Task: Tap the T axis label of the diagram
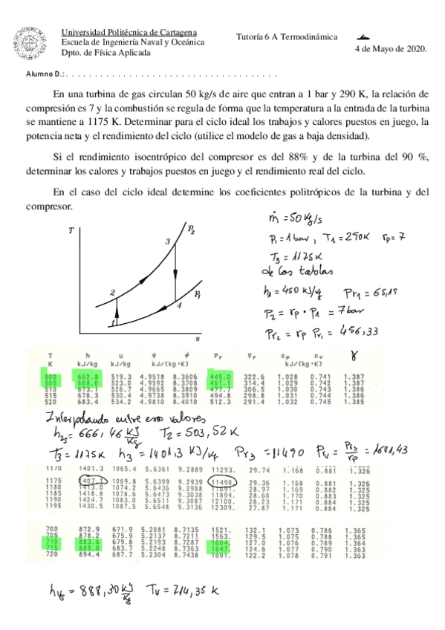[71, 231]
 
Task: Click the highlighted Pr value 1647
[221, 570]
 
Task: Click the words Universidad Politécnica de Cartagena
[128, 32]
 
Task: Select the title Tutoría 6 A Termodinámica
[286, 36]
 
